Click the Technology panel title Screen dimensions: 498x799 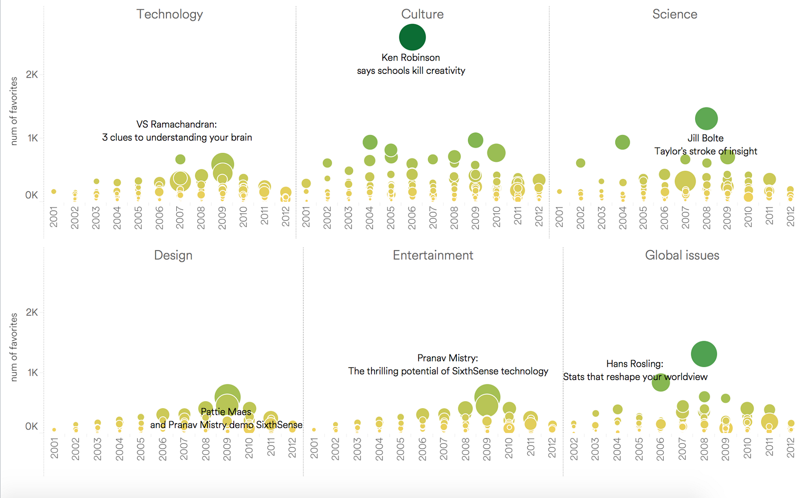(170, 14)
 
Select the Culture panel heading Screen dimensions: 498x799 (422, 14)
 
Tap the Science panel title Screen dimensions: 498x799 (675, 14)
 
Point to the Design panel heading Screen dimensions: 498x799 (173, 255)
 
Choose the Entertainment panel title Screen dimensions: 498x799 (433, 255)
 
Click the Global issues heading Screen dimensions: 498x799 (682, 255)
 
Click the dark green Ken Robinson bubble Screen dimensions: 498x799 (412, 37)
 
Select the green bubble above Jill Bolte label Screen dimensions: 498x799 (706, 119)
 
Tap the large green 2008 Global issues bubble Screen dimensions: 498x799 (704, 354)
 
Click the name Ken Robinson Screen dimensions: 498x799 (410, 58)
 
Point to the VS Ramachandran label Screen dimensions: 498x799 (176, 124)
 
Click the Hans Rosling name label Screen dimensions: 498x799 (635, 364)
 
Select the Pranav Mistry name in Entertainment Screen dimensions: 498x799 (447, 358)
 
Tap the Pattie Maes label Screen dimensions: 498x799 (226, 412)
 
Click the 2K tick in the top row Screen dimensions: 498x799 (32, 75)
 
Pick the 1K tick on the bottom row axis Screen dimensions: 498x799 (32, 373)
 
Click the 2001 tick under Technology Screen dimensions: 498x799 (54, 218)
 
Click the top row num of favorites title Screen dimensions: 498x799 (13, 111)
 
